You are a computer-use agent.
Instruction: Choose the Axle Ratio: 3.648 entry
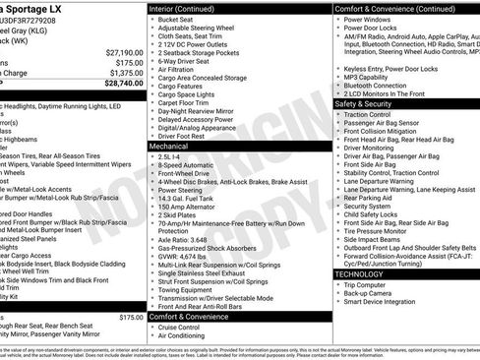[183, 239]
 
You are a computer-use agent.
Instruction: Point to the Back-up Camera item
[371, 294]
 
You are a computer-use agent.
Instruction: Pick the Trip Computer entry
[370, 285]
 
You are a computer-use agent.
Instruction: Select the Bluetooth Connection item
[378, 86]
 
